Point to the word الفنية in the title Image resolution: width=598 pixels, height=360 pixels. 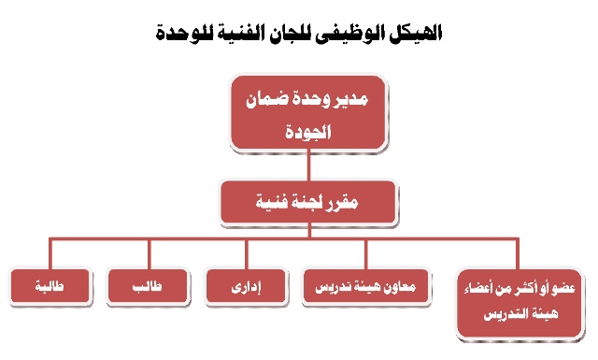239,34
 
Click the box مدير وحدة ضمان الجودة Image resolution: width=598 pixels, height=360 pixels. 308,112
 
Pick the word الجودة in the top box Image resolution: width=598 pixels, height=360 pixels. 308,132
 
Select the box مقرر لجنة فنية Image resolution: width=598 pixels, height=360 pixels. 308,202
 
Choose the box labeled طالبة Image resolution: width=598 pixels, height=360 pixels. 50,286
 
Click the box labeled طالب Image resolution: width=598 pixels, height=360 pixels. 148,286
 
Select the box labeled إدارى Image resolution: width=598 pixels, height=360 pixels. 246,286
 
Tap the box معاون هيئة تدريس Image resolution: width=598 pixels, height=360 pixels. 365,286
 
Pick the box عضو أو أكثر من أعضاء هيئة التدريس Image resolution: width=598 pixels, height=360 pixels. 520,303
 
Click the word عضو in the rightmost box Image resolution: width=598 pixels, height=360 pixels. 564,288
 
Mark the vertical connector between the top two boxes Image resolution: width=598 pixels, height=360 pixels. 308,166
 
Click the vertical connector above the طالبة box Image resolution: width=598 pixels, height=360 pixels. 50,254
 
